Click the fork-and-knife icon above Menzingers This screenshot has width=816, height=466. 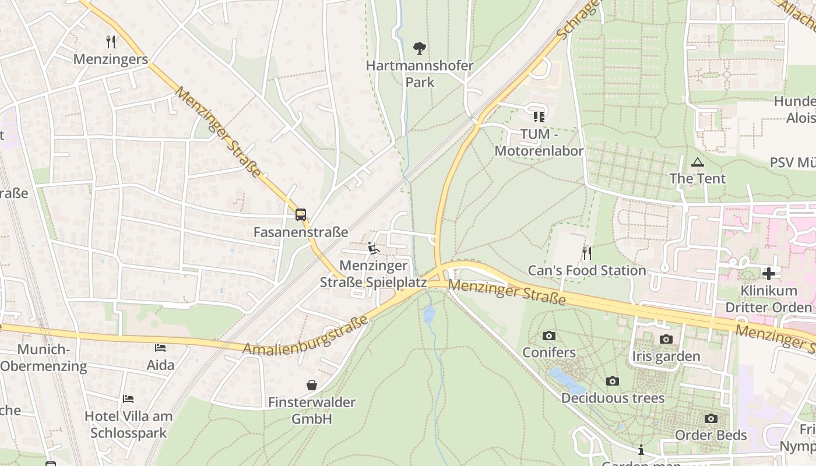tap(111, 41)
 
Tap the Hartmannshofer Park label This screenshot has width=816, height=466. tap(420, 73)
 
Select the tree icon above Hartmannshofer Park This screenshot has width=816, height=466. tap(419, 48)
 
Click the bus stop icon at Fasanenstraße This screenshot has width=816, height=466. tap(301, 215)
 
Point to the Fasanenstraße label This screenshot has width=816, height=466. tap(301, 232)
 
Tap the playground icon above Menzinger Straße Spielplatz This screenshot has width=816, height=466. tap(374, 249)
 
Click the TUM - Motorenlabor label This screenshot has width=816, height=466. tap(539, 142)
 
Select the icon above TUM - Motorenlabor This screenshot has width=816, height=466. tap(539, 116)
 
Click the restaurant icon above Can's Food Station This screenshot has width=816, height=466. tap(587, 253)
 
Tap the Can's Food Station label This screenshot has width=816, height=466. tap(587, 270)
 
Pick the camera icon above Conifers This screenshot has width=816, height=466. tap(548, 336)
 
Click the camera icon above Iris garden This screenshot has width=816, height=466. tap(666, 339)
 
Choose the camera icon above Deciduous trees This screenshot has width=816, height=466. tap(613, 381)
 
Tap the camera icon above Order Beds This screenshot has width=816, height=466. tap(711, 418)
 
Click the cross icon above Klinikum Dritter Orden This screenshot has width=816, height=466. tap(769, 273)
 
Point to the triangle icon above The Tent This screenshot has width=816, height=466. tap(697, 161)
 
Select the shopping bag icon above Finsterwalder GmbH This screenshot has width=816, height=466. tap(312, 385)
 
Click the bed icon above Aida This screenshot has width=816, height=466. tap(160, 348)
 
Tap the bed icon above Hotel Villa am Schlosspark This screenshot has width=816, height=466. tap(128, 399)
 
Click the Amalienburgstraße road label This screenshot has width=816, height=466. tap(305, 336)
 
